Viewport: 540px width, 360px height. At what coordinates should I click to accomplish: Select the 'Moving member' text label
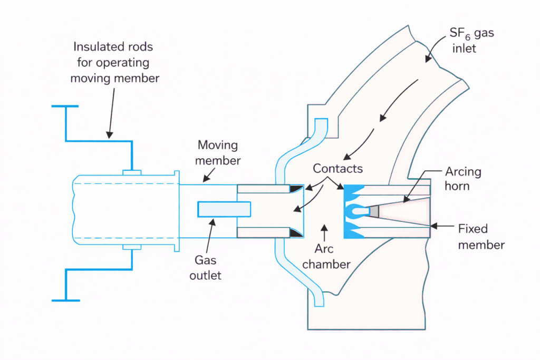(x=217, y=152)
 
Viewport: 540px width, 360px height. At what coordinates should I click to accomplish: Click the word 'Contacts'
(x=337, y=169)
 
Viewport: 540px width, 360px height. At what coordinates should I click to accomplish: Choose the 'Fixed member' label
(x=480, y=237)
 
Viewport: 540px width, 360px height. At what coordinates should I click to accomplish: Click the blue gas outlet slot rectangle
(x=224, y=209)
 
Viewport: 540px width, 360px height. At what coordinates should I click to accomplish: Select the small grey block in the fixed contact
(x=374, y=211)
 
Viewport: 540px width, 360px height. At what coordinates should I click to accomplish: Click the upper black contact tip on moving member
(x=295, y=189)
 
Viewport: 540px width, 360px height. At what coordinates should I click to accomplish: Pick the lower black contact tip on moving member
(x=295, y=232)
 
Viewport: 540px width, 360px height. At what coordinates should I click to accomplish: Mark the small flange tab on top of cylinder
(x=132, y=172)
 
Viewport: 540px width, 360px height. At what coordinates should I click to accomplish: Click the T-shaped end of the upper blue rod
(x=65, y=106)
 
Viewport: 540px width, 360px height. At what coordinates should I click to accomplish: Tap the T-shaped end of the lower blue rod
(x=65, y=300)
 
